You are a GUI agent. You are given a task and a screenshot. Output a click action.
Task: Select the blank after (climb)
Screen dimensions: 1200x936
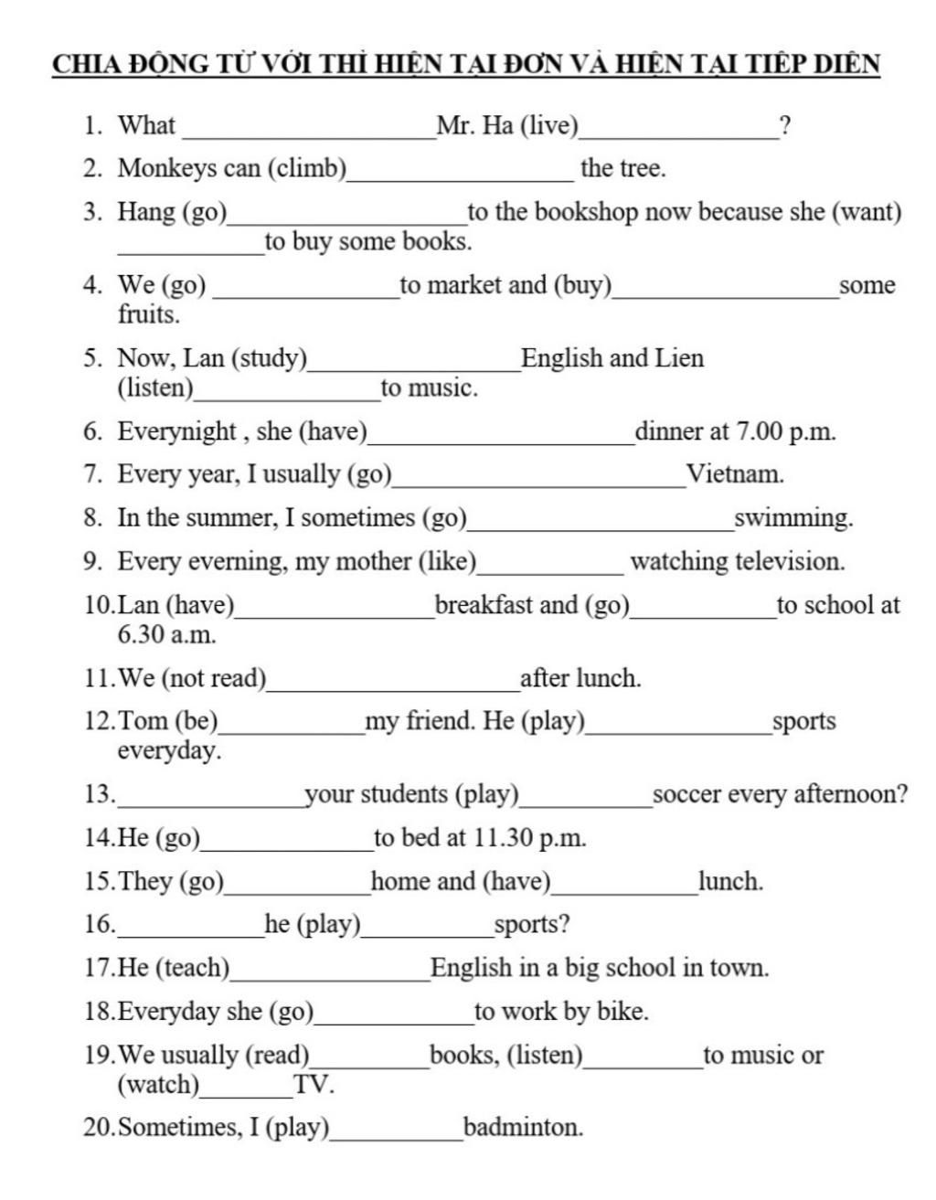coord(461,174)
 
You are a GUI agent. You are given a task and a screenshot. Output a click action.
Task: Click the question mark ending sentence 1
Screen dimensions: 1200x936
coord(784,125)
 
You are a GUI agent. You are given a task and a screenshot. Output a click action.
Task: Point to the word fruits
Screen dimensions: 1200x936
coord(147,315)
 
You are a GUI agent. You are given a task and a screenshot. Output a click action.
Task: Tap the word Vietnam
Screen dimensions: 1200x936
coord(735,474)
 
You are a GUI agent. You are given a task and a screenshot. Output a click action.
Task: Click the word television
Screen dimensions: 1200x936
coord(792,561)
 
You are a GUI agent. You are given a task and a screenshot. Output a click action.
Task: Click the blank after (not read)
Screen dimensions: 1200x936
coord(393,685)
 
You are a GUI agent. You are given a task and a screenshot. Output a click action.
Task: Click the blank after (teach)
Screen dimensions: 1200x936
coord(330,974)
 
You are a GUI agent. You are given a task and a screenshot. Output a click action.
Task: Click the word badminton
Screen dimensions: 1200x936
coord(523,1128)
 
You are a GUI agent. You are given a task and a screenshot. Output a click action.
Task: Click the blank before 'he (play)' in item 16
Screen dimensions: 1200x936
coord(191,930)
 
